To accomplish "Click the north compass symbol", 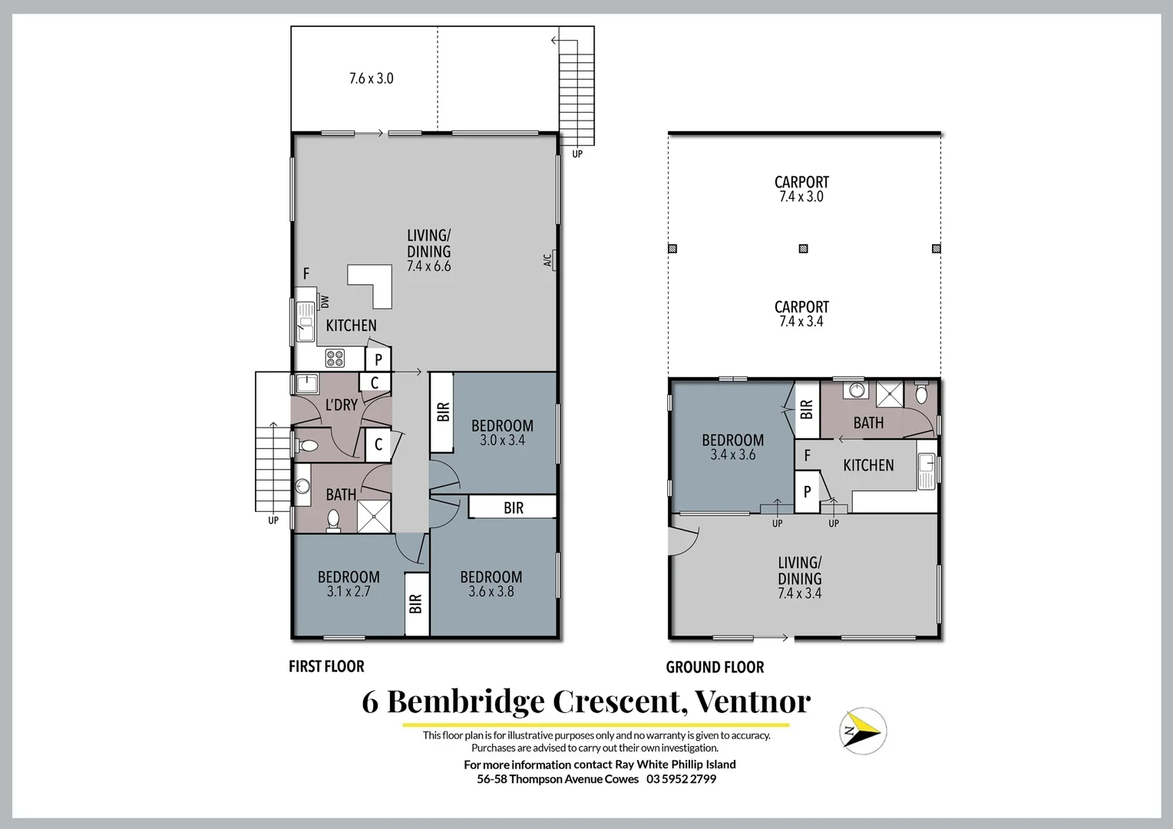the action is click(863, 731).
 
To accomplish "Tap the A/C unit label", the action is click(548, 260).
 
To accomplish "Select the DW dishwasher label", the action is click(325, 302).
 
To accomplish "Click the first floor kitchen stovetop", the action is click(335, 358).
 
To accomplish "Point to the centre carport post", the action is click(803, 249).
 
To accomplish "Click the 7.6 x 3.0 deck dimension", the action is click(372, 78).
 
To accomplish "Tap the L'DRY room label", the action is click(342, 405).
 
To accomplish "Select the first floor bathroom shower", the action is click(374, 517).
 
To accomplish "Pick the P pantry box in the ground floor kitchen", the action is click(807, 492).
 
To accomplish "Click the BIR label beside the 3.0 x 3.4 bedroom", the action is click(443, 412).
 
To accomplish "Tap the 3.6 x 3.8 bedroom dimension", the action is click(491, 592).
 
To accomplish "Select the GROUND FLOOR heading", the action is click(715, 667).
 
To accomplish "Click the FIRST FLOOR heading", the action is click(326, 666).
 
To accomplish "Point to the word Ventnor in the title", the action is click(752, 701).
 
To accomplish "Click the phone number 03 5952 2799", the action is click(681, 779).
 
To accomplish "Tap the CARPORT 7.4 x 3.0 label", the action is click(801, 189).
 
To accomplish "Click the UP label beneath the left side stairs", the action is click(273, 520).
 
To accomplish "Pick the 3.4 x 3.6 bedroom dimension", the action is click(732, 454).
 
